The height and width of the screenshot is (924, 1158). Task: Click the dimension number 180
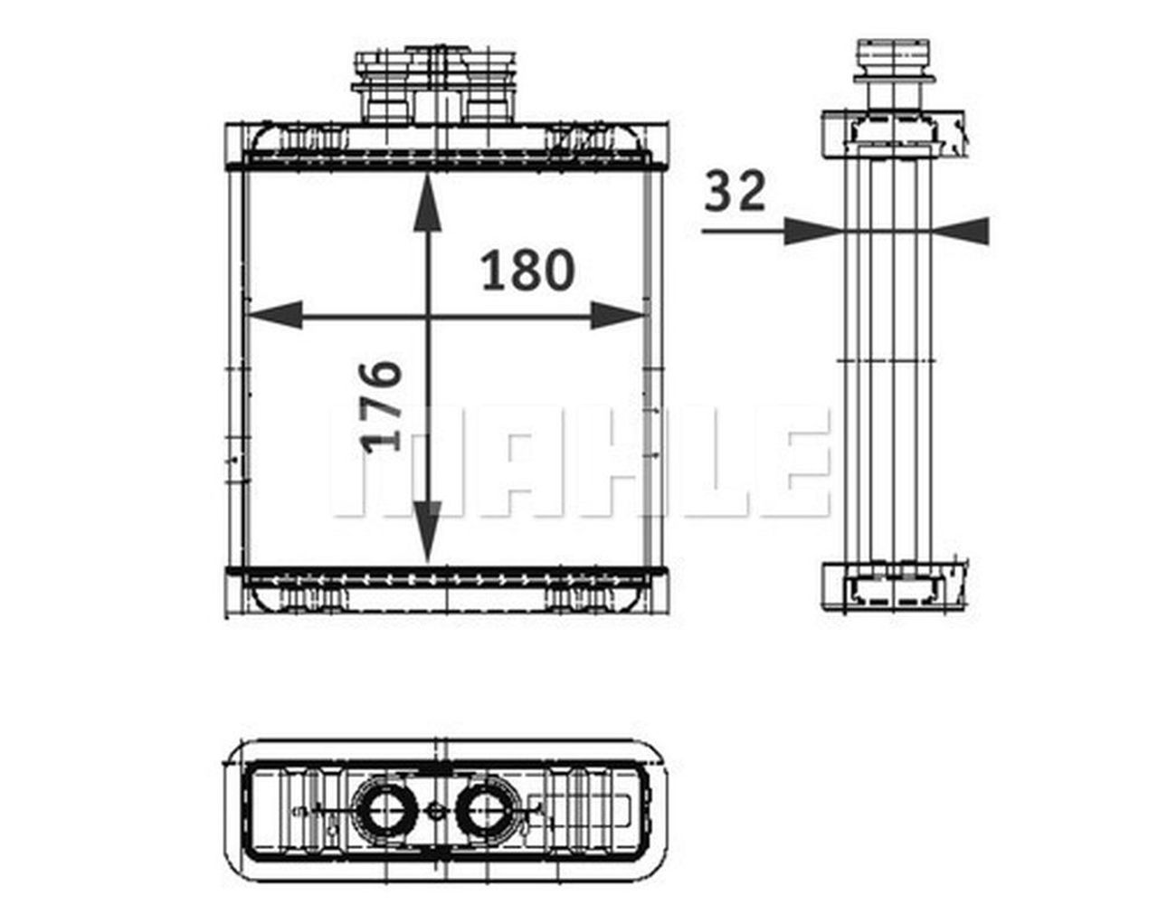527,271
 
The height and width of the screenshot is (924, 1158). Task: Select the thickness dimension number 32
735,192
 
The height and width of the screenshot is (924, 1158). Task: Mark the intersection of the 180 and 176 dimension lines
428,316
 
